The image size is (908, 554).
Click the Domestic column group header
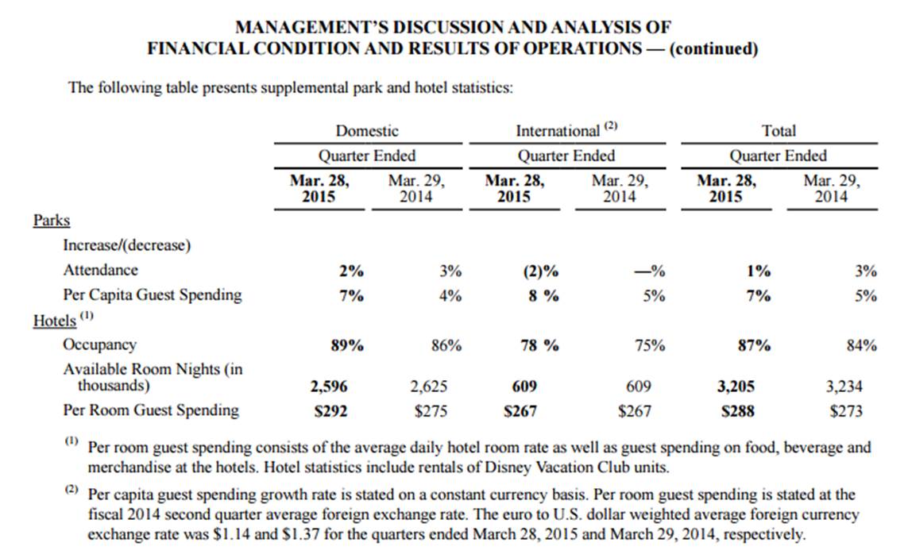pyautogui.click(x=367, y=131)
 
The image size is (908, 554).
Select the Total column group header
pyautogui.click(x=779, y=131)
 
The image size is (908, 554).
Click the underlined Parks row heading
pyautogui.click(x=52, y=221)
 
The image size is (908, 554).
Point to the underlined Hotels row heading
pyautogui.click(x=55, y=321)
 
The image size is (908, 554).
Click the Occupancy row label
pyautogui.click(x=99, y=344)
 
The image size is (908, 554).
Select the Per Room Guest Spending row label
pyautogui.click(x=151, y=410)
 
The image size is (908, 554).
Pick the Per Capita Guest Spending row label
pyautogui.click(x=153, y=295)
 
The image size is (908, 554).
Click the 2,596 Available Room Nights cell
pyautogui.click(x=329, y=386)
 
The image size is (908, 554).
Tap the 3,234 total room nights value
pyautogui.click(x=844, y=386)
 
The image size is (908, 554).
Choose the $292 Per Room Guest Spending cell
pyautogui.click(x=330, y=411)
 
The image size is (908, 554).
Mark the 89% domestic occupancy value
pyautogui.click(x=347, y=346)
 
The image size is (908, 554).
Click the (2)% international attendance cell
pyautogui.click(x=541, y=271)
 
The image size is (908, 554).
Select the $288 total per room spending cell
pyautogui.click(x=738, y=411)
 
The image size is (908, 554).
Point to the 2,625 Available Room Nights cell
pyautogui.click(x=429, y=386)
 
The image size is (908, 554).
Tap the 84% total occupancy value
pyautogui.click(x=862, y=346)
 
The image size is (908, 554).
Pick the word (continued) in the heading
pyautogui.click(x=713, y=48)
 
